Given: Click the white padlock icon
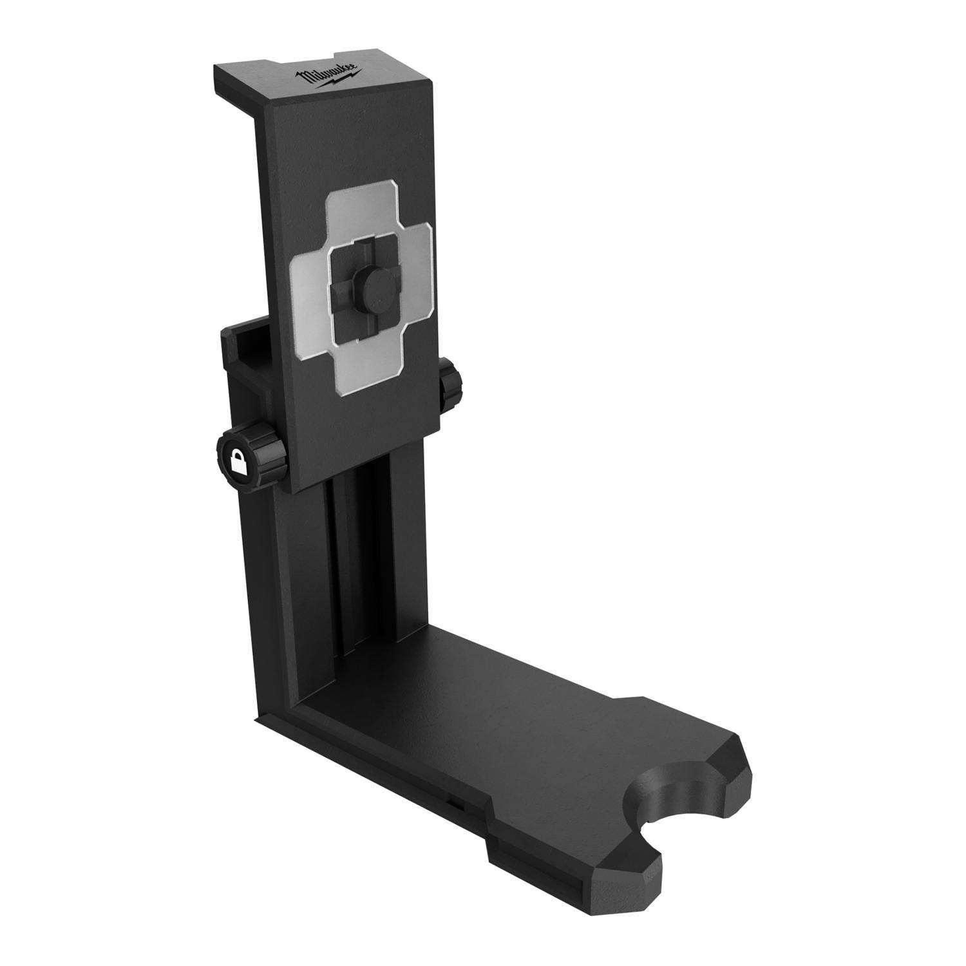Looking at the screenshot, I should click(x=238, y=462).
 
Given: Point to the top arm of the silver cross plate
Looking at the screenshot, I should click(x=364, y=209).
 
